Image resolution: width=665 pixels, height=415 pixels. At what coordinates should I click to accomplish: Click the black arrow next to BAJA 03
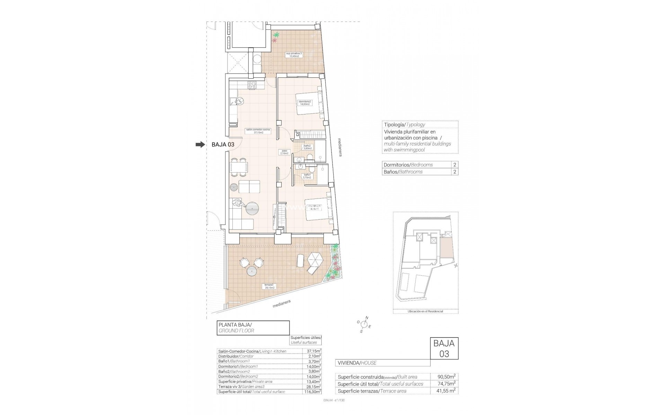click(x=200, y=145)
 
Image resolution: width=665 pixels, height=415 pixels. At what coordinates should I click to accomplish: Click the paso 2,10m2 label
click(x=284, y=152)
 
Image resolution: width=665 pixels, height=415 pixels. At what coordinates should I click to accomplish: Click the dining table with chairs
click(x=239, y=166)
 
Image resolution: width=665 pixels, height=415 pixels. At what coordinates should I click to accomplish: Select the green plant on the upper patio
click(x=276, y=35)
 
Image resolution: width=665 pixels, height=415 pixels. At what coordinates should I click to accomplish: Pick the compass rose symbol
click(x=364, y=324)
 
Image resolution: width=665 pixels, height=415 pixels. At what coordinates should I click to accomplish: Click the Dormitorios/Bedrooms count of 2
click(x=454, y=165)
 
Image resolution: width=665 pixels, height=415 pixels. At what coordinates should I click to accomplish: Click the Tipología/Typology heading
click(x=404, y=124)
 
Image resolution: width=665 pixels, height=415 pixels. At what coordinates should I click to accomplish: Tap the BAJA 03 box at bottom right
click(x=444, y=353)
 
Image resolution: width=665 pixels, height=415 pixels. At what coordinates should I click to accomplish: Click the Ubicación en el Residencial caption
click(x=425, y=311)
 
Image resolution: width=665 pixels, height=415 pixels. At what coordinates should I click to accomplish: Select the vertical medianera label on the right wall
click(x=340, y=148)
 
